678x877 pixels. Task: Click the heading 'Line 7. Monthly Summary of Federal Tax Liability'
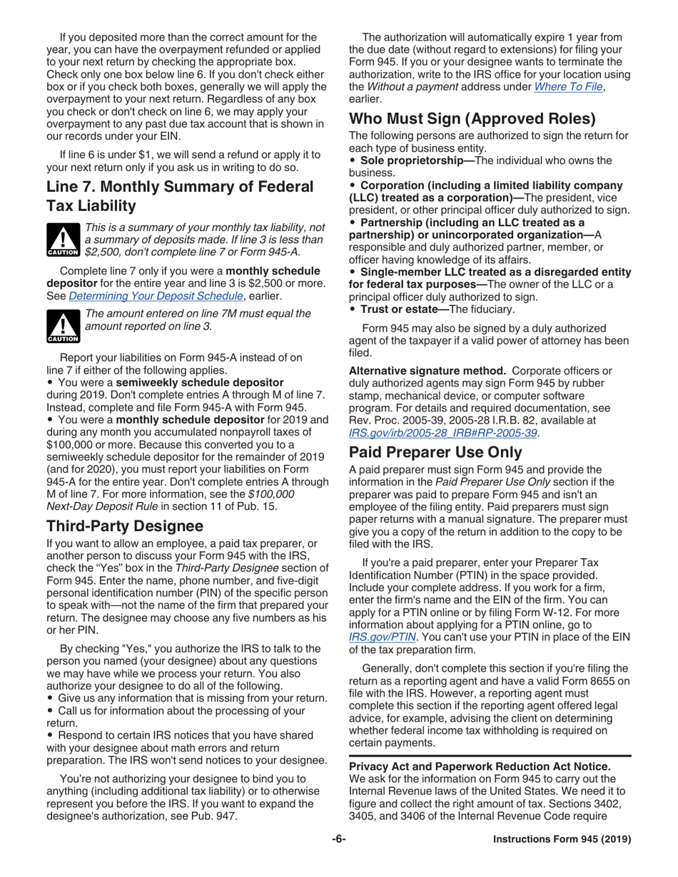180,196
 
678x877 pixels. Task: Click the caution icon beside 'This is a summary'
62,240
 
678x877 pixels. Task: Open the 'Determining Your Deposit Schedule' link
156,297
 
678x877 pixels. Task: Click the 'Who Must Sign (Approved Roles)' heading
472,119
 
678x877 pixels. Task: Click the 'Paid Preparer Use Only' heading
435,452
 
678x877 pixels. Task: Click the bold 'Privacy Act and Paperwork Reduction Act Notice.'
480,766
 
